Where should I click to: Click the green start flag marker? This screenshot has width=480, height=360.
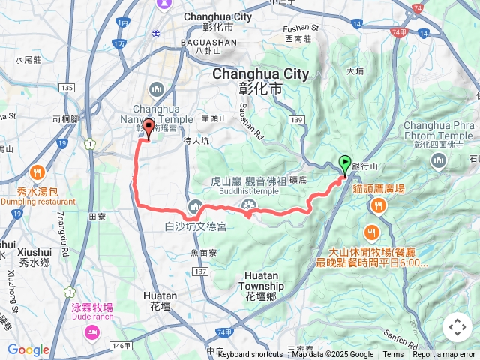point(344,163)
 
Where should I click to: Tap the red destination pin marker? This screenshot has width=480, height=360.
point(148,127)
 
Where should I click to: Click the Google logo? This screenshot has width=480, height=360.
point(28,349)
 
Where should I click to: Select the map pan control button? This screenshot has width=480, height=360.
point(457,327)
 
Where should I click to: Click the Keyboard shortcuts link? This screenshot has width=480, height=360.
point(250,355)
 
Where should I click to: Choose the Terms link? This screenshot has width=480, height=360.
point(393,355)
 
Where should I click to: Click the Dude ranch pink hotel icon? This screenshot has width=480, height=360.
point(91,331)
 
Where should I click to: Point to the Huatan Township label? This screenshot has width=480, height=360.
point(262,286)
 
